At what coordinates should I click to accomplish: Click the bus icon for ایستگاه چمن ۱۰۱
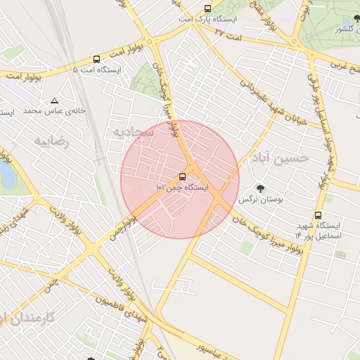click(x=183, y=176)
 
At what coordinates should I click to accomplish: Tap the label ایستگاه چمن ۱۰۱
click(x=183, y=188)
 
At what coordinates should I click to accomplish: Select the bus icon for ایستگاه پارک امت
click(x=207, y=9)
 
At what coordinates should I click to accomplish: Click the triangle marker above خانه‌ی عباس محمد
click(x=54, y=101)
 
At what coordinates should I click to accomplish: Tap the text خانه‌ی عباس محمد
click(x=54, y=111)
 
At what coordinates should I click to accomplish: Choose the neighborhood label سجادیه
click(x=129, y=131)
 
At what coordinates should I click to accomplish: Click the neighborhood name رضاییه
click(x=52, y=141)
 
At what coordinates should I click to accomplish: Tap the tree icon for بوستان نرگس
click(x=260, y=188)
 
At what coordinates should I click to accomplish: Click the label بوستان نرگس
click(x=261, y=200)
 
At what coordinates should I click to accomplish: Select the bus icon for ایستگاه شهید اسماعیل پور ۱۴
click(x=318, y=215)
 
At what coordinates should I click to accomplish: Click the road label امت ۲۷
click(x=228, y=33)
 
